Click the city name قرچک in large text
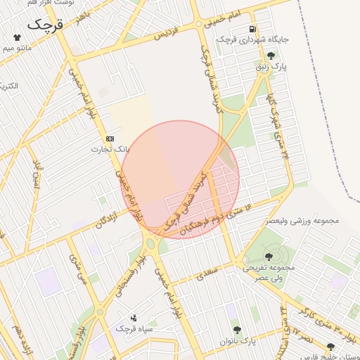46,24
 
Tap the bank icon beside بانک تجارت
110,139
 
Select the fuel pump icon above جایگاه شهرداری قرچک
252,29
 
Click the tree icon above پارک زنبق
271,56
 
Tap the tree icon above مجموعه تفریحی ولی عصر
269,257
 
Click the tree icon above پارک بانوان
237,330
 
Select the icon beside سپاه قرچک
134,318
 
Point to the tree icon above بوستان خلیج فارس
330,347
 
